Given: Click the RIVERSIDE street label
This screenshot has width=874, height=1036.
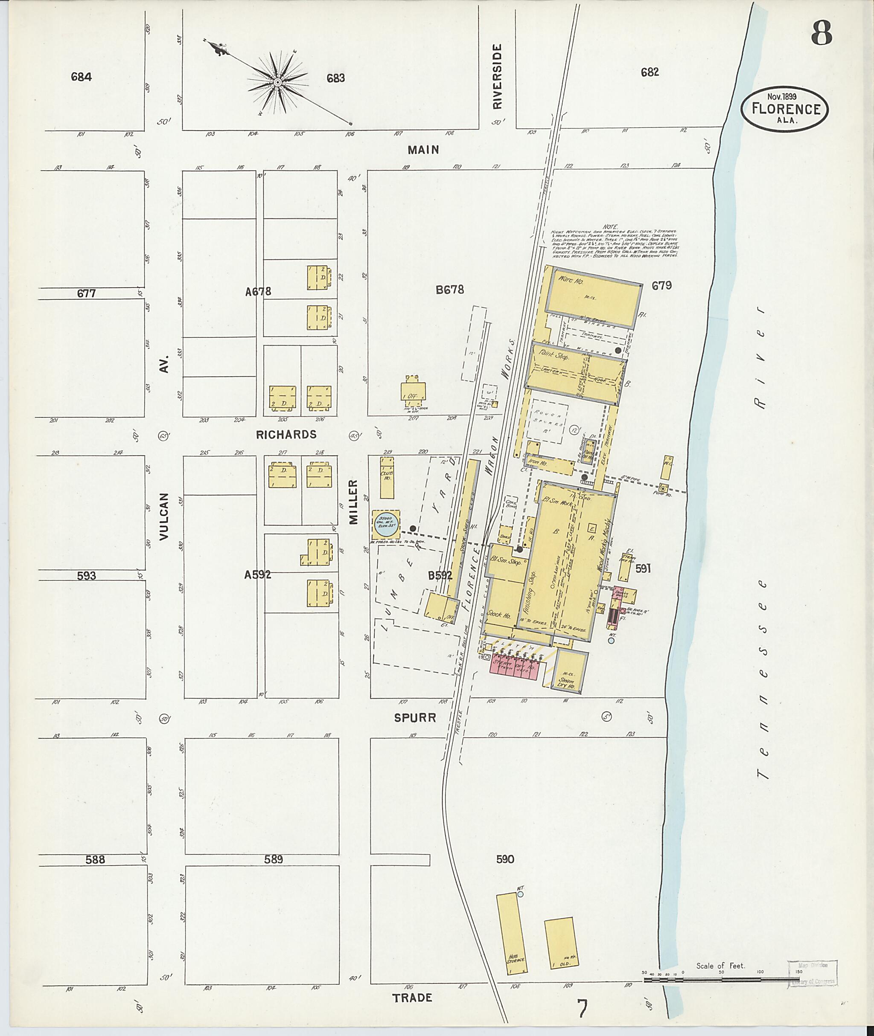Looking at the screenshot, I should click(498, 76).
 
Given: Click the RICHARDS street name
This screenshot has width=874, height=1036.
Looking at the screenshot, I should click(286, 435).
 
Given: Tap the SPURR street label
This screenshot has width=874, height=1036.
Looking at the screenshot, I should click(415, 717).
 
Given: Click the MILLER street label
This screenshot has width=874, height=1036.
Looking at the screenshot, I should click(353, 502).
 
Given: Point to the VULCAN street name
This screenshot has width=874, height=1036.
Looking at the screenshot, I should click(166, 516).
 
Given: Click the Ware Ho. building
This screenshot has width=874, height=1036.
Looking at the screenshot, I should click(591, 297).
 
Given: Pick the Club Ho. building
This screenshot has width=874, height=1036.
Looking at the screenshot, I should click(387, 477).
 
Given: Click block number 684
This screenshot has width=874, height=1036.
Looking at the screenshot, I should click(81, 77).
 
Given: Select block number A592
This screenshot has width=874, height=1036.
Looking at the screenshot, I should click(258, 575).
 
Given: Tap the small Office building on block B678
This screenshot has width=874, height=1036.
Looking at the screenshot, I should click(413, 393).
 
